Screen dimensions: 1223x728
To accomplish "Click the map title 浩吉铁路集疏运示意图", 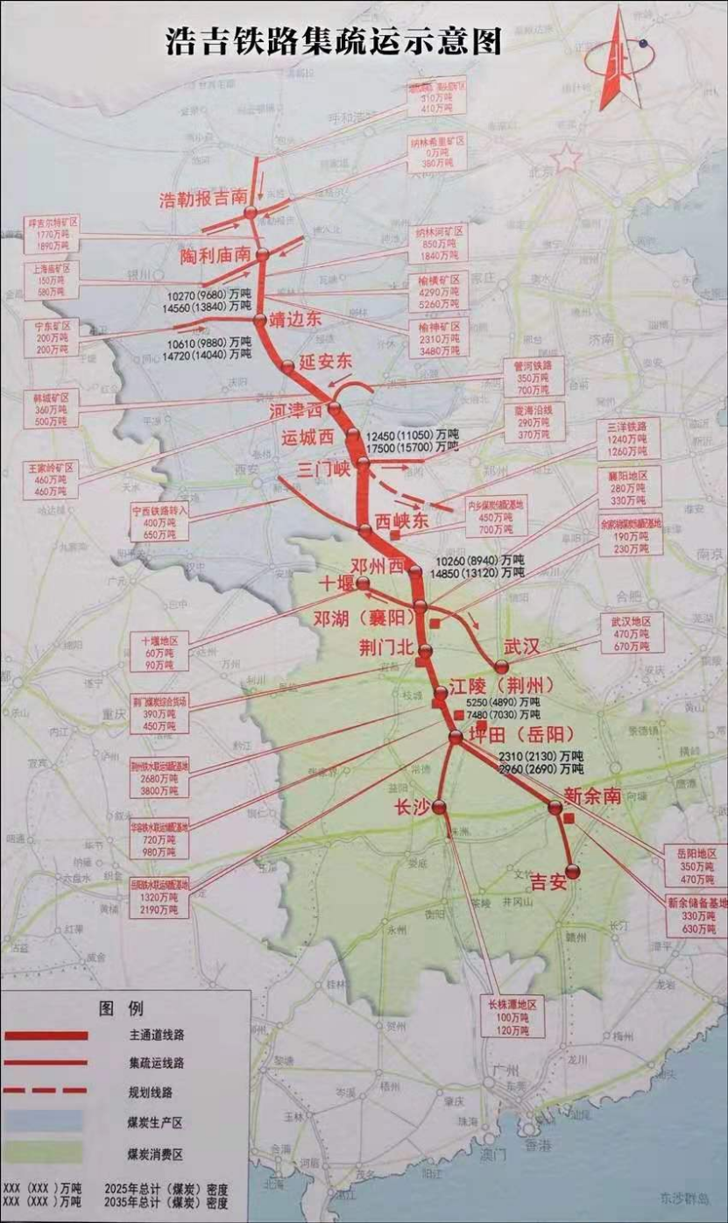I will (334, 41).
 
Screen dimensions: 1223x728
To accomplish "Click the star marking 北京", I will (567, 159).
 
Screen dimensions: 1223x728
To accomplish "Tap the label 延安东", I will (325, 360).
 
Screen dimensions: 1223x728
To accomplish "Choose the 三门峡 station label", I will (323, 469).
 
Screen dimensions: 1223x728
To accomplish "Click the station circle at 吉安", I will (573, 871).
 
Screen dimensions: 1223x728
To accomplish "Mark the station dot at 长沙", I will (439, 807).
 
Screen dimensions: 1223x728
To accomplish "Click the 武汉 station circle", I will (501, 667).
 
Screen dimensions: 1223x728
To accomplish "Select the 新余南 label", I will (592, 796).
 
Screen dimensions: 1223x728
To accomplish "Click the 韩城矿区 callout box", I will (52, 409).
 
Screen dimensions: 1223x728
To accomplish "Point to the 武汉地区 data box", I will (631, 633).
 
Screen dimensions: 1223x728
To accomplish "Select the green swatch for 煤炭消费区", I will (42, 1152).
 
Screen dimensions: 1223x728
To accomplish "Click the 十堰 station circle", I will (363, 583).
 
